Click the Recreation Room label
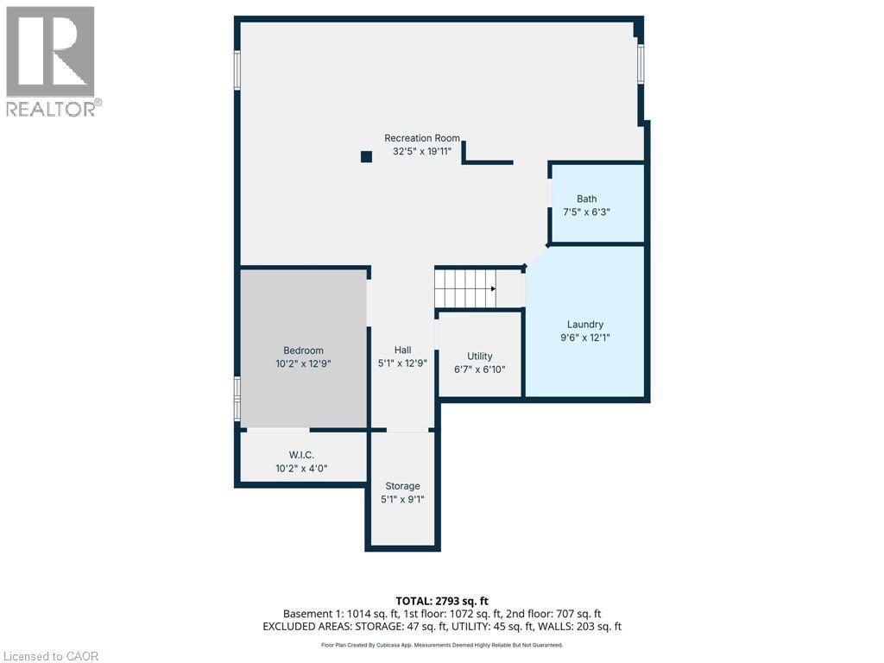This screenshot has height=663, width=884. tap(422, 138)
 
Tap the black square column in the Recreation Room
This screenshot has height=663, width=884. tap(366, 156)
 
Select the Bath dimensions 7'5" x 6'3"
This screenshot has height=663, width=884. tap(587, 212)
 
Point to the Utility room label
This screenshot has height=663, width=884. tap(480, 356)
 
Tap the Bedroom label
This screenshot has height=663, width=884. tap(303, 350)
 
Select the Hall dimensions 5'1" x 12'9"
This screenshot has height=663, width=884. tap(402, 363)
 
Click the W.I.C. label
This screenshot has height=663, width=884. tap(301, 455)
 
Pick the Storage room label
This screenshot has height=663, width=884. tap(402, 486)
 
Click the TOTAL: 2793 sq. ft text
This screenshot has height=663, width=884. tap(441, 600)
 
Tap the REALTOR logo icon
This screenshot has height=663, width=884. tap(51, 52)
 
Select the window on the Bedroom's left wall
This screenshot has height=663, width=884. tap(237, 398)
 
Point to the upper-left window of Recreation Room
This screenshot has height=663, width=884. tap(237, 70)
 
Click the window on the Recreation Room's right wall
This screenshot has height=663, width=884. tap(641, 64)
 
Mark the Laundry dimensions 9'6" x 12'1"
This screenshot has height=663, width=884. tap(585, 338)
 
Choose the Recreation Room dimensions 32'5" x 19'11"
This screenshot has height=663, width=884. tap(422, 151)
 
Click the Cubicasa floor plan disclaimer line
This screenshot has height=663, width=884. tap(441, 645)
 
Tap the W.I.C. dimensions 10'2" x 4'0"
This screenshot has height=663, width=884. tap(301, 469)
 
